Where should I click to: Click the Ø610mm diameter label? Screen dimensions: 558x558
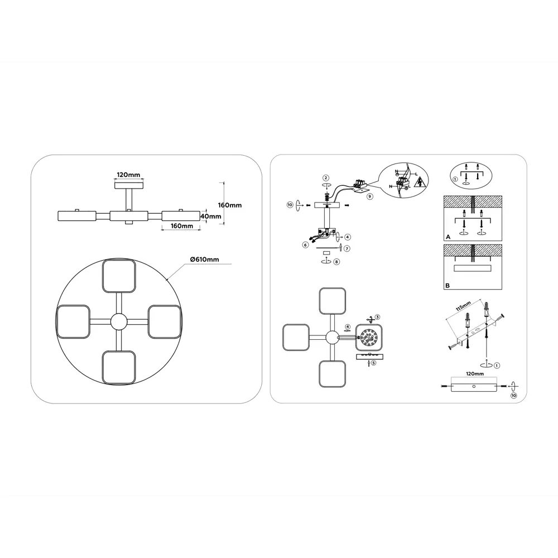pos(205,259)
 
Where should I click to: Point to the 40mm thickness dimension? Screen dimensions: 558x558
pos(211,216)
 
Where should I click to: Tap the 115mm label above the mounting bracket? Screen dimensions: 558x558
pos(463,306)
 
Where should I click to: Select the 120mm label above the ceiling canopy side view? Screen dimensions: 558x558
pos(128,175)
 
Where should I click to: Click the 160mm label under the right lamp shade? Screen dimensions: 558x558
pos(182,226)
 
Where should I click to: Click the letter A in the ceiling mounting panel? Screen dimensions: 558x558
pos(448,237)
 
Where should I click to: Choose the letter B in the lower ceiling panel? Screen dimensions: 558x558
pos(448,285)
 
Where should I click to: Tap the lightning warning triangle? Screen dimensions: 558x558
pos(421,182)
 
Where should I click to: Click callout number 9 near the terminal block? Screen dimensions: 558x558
pos(370,196)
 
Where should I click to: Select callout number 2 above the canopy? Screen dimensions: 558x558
pos(326,178)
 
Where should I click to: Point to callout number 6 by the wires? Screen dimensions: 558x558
pos(305,245)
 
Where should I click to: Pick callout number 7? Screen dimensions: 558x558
pos(347,248)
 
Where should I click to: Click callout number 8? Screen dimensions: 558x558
pos(336,262)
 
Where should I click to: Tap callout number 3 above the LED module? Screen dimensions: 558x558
pos(377,317)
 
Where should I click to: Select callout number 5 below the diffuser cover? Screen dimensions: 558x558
pos(373,363)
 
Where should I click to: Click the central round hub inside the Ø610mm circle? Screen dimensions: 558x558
pos(118,322)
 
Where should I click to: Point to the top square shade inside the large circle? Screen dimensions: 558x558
pos(119,276)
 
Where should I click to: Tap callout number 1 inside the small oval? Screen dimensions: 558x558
pos(455,179)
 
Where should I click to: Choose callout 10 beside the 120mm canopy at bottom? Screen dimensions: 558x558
pos(513,396)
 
